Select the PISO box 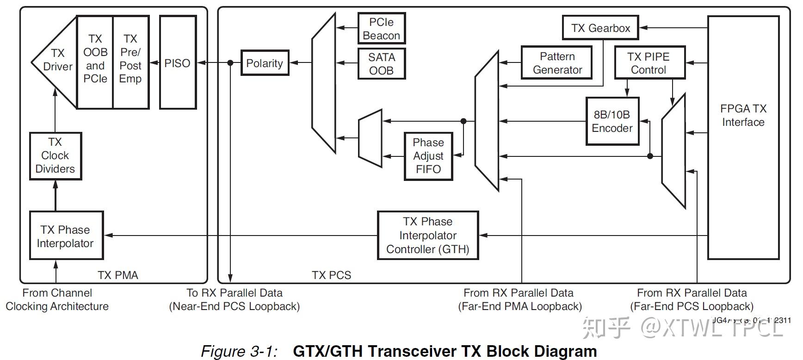178,63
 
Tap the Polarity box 265,63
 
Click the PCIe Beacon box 381,29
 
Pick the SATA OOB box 381,64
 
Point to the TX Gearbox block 600,28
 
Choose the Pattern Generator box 557,63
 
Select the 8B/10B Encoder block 612,121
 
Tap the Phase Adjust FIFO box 428,156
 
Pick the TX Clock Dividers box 55,155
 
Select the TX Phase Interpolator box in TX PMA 66,236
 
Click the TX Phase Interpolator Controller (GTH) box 427,236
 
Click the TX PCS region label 331,275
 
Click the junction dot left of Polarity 230,63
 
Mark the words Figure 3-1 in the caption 239,351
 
